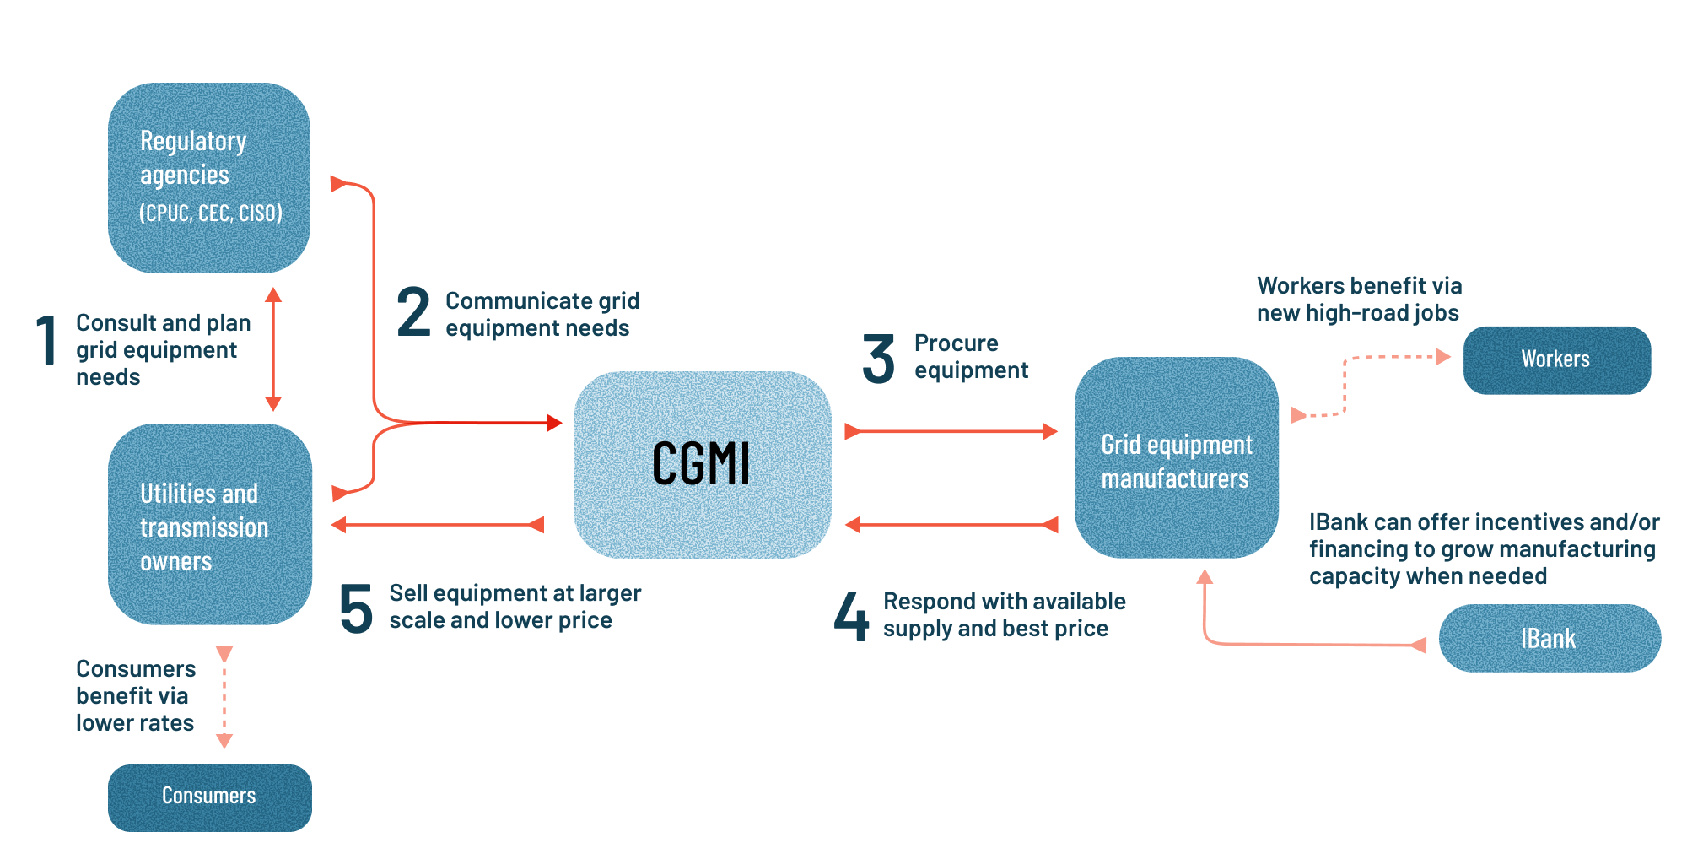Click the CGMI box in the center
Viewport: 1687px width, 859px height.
(x=702, y=464)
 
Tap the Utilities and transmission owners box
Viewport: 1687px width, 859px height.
(x=209, y=524)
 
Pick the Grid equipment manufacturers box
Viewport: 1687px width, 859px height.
(x=1176, y=457)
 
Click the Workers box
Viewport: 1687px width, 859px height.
(x=1556, y=359)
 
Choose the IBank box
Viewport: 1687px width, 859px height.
(x=1550, y=638)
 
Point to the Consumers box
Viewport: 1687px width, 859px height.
(x=209, y=797)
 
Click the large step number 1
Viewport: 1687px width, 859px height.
(x=47, y=340)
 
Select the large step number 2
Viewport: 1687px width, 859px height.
(x=413, y=312)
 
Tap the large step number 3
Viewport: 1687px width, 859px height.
(x=878, y=359)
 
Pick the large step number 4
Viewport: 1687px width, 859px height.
(x=851, y=616)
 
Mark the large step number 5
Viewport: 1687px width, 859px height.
(x=356, y=608)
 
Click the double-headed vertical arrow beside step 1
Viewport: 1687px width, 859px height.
(x=272, y=348)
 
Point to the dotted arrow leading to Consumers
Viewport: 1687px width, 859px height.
(x=224, y=697)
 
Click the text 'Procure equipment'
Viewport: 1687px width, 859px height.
(x=971, y=357)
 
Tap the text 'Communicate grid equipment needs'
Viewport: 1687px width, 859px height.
(x=542, y=314)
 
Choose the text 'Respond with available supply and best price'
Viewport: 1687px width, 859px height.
(x=1004, y=614)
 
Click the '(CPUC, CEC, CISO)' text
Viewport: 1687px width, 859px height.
(x=211, y=213)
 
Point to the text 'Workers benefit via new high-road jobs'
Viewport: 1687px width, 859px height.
(x=1359, y=299)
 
